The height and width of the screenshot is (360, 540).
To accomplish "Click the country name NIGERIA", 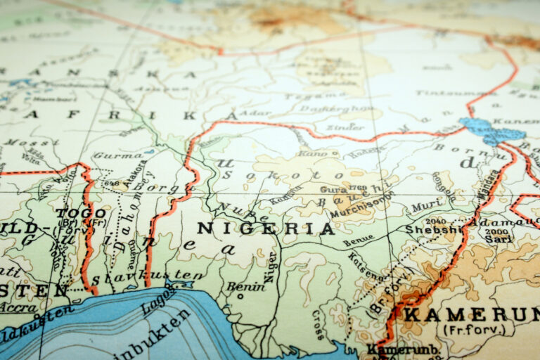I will (265, 229).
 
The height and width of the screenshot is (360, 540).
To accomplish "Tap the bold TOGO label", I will (81, 213).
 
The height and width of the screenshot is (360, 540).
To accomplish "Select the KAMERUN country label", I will (470, 314).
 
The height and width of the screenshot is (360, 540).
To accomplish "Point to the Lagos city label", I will (159, 300).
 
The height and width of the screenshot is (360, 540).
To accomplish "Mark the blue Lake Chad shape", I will (491, 131).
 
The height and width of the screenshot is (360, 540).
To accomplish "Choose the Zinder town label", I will (345, 128).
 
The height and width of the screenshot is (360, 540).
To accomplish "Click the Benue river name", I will (359, 242).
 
